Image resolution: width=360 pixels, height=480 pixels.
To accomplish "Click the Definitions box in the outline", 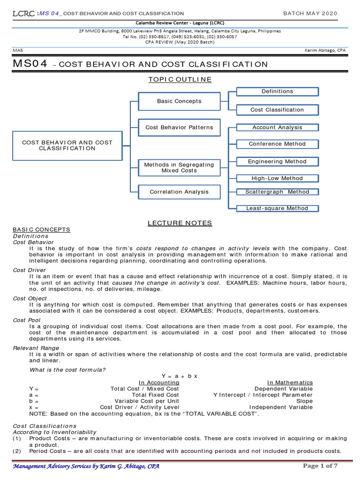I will (277, 91).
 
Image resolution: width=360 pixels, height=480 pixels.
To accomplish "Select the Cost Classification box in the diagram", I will (277, 110).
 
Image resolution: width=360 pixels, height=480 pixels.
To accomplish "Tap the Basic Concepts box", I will (179, 101).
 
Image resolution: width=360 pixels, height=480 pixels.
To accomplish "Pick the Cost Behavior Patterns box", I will (179, 127).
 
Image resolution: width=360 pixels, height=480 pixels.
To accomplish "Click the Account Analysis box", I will (277, 127).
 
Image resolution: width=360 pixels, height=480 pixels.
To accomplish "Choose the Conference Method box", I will (277, 144).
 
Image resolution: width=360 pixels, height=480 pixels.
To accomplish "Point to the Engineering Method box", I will (277, 162).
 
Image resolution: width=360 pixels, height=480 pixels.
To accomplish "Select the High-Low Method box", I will (277, 178).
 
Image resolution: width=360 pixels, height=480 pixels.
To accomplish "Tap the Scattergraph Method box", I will (277, 192).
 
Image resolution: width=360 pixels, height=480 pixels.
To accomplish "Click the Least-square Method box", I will (277, 208).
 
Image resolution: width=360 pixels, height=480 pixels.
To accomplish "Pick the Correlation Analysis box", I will (179, 192).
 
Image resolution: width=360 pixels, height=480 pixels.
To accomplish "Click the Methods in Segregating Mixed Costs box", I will (179, 168).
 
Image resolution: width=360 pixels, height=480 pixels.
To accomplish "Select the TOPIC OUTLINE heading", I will (180, 80).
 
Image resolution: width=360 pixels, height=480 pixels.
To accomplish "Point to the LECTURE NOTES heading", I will (180, 223).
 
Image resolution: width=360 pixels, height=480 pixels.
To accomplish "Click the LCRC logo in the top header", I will (22, 14).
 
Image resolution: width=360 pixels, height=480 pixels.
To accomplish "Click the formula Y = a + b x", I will (180, 376).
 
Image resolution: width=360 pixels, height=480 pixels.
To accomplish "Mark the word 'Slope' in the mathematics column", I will (304, 401).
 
